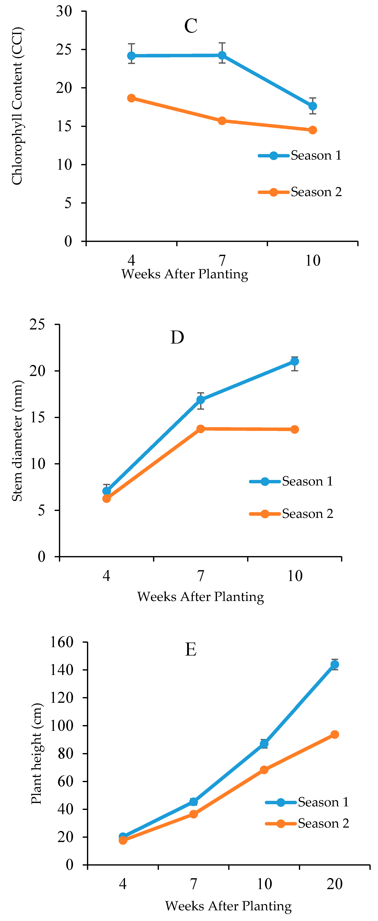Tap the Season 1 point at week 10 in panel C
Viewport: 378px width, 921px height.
(312, 106)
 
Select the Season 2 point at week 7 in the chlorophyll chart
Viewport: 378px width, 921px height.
(222, 121)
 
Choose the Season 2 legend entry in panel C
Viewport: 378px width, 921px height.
(300, 192)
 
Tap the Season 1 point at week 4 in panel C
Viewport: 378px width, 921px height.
(131, 56)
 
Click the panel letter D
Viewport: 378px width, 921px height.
(177, 337)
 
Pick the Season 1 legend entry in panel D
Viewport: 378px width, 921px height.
(291, 481)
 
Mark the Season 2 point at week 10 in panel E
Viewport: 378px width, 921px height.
(264, 770)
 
